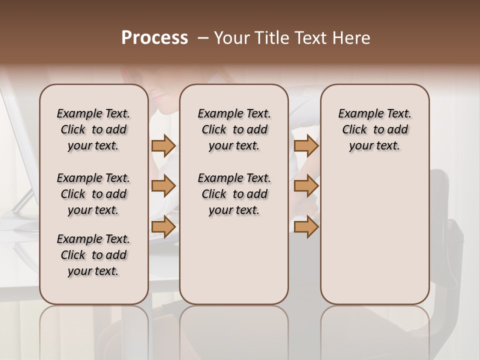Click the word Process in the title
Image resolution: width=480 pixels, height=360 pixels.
[154, 38]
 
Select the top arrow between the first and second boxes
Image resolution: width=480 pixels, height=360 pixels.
[163, 146]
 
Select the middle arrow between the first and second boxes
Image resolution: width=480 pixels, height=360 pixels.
[163, 186]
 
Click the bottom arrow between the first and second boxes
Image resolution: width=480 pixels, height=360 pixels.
[163, 227]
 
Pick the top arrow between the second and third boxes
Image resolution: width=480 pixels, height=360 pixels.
[306, 146]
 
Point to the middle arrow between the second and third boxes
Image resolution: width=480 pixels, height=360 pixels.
[306, 186]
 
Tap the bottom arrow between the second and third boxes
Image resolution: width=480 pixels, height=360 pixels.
[306, 227]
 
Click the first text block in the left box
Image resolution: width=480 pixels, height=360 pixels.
[93, 129]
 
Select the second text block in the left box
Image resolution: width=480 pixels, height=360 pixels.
[93, 194]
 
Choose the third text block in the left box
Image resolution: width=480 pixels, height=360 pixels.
[93, 255]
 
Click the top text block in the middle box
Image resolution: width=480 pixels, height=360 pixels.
[234, 129]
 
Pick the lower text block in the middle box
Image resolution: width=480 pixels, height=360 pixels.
[234, 194]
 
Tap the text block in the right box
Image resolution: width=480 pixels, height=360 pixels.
[374, 129]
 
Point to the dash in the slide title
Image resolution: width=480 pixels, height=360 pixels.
[203, 38]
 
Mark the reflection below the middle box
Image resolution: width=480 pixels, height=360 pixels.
[234, 330]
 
